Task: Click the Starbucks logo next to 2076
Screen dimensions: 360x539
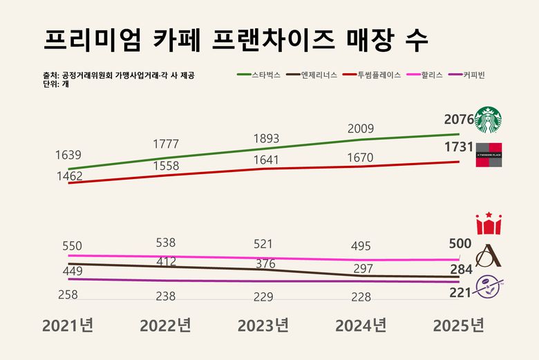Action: pyautogui.click(x=488, y=120)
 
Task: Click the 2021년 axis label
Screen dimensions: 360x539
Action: pyautogui.click(x=67, y=325)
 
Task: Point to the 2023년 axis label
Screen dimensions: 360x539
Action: pyautogui.click(x=263, y=325)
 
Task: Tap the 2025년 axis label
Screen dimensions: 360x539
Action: pyautogui.click(x=458, y=325)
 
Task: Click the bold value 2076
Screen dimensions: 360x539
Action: pyautogui.click(x=459, y=120)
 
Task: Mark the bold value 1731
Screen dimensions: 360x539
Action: pyautogui.click(x=459, y=147)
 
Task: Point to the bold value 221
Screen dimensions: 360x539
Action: pyautogui.click(x=460, y=293)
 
